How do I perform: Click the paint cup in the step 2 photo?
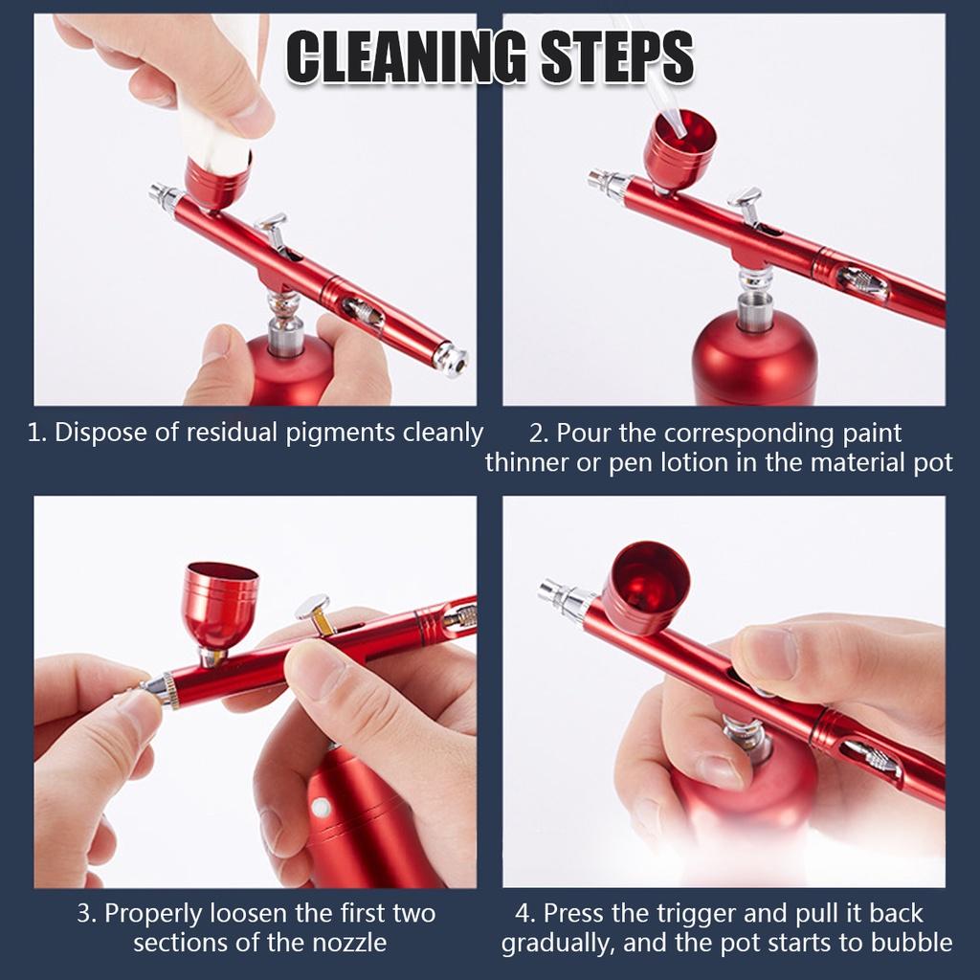click(x=679, y=149)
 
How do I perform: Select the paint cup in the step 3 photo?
click(x=220, y=603)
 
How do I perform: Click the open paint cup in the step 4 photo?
click(x=645, y=586)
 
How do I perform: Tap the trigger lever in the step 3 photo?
click(x=316, y=612)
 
